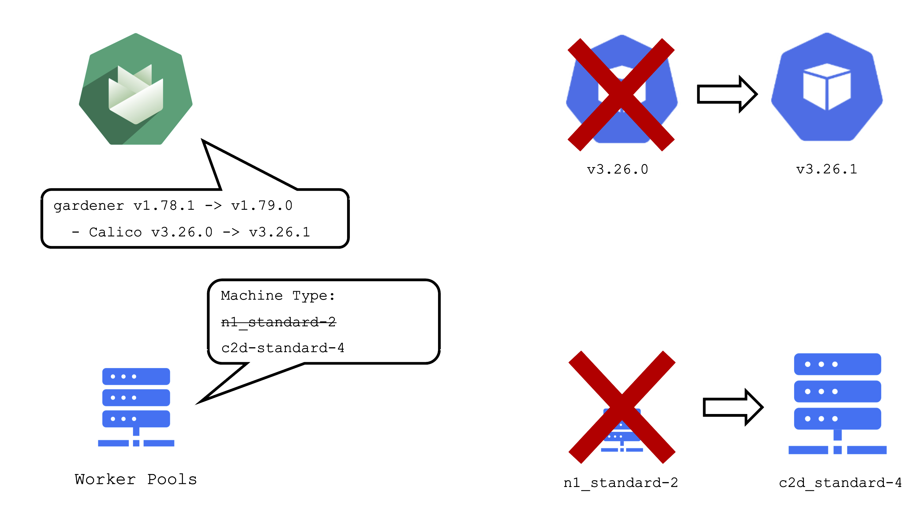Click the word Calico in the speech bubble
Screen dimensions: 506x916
pyautogui.click(x=115, y=232)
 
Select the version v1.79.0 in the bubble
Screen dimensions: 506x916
pyautogui.click(x=262, y=206)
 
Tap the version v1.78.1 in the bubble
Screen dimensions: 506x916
pyautogui.click(x=164, y=206)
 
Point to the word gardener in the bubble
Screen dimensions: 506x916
pyautogui.click(x=89, y=206)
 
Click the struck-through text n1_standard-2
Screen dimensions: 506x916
pyautogui.click(x=278, y=322)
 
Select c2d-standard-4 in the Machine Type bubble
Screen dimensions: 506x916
pyautogui.click(x=283, y=348)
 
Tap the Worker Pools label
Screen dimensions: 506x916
pyautogui.click(x=135, y=479)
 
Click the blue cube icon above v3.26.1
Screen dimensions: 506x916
pyautogui.click(x=827, y=87)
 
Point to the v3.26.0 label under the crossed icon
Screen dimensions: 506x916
pyautogui.click(x=618, y=169)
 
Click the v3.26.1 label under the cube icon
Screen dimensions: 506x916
pyautogui.click(x=827, y=169)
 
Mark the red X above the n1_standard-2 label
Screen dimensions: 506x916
pyautogui.click(x=622, y=407)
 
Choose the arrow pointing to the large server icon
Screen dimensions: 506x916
pyautogui.click(x=732, y=407)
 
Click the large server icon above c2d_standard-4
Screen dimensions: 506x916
pyautogui.click(x=837, y=404)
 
